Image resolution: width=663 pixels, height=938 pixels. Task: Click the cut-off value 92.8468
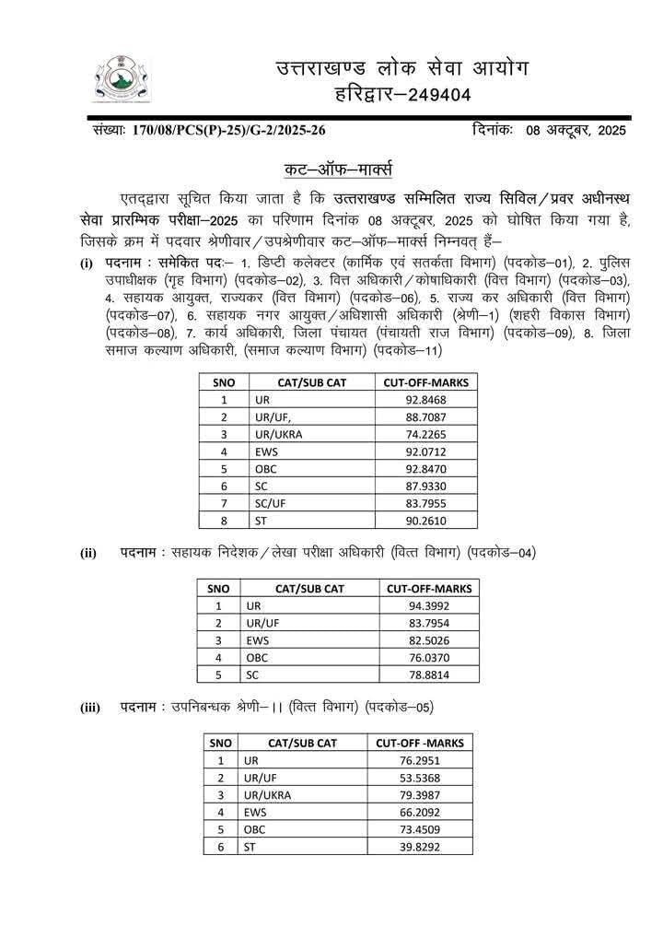click(x=426, y=400)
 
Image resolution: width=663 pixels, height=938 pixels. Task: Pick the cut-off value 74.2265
click(x=426, y=435)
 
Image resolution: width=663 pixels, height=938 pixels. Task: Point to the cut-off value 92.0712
click(x=426, y=451)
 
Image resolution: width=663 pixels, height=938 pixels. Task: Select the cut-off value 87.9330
click(x=426, y=487)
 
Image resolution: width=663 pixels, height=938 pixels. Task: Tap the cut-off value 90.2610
click(x=426, y=521)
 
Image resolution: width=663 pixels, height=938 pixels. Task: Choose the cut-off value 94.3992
click(x=428, y=605)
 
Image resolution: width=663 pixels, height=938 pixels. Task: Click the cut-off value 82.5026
click(x=428, y=639)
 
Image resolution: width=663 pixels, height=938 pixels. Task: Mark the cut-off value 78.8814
click(x=428, y=674)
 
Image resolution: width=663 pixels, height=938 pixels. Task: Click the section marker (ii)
click(x=88, y=554)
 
